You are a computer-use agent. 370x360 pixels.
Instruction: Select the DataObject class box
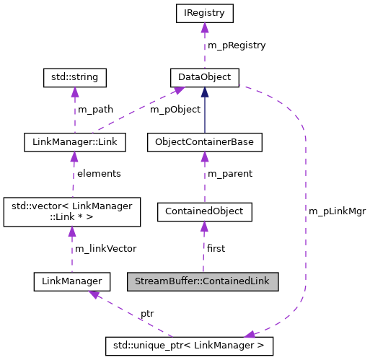pos(204,76)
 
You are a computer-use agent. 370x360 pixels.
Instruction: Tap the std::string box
pos(74,76)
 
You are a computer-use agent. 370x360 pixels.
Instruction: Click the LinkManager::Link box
pos(74,142)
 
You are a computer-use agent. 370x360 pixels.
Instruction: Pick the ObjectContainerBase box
pos(204,142)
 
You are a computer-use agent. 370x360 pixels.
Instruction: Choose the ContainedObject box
pos(204,211)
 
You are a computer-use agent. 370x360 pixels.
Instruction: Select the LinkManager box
pos(71,280)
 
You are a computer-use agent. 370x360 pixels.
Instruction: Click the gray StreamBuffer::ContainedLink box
pos(203,280)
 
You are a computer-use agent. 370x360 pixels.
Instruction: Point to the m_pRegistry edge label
pos(237,45)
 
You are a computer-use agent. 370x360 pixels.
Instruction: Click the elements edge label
pos(99,174)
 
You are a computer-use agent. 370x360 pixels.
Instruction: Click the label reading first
pos(216,248)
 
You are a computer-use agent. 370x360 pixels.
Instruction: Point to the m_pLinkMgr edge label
pos(337,211)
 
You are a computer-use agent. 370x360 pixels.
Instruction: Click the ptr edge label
pos(146,315)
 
